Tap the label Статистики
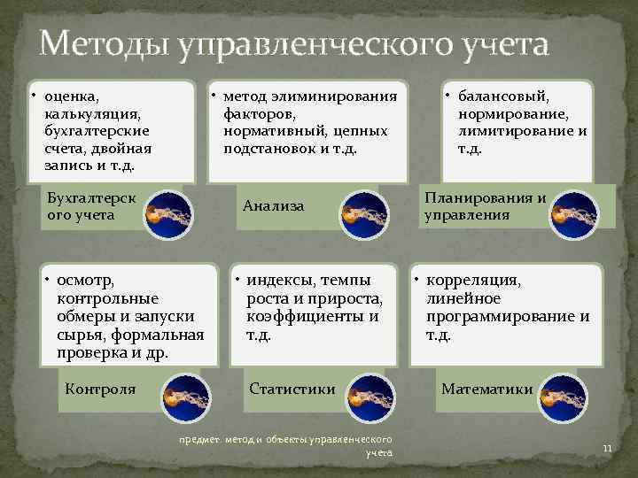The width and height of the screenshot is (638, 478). [292, 389]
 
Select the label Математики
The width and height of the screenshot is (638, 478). [487, 389]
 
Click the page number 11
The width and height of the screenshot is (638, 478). [607, 449]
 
